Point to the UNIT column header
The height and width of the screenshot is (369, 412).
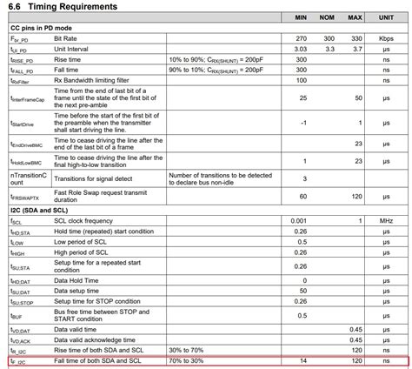385,18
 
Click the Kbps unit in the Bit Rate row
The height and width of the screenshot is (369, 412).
385,40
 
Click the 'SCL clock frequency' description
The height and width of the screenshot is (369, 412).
89,222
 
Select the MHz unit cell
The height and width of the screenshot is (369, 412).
385,222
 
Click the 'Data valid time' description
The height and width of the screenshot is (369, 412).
79,329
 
